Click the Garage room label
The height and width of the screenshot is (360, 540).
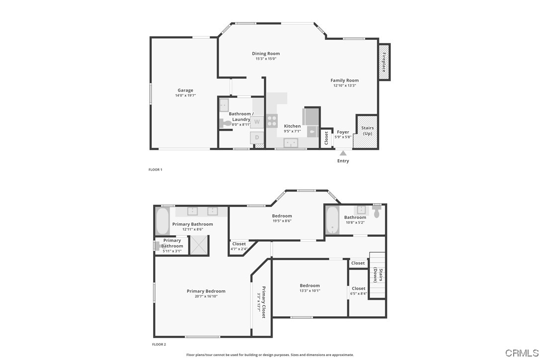[x=185, y=90]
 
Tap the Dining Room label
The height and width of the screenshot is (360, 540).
[x=266, y=54]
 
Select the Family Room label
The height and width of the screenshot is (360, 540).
[x=345, y=81]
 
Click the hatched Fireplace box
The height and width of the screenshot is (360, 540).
[x=384, y=62]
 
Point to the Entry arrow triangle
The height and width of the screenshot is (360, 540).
[x=343, y=154]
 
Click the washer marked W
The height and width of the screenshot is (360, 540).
[x=257, y=121]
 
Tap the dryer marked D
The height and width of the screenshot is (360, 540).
[x=257, y=137]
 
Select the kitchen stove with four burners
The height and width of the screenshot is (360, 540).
[x=272, y=120]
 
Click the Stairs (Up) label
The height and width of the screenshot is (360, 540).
[x=367, y=131]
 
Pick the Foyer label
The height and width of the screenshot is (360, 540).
[x=343, y=132]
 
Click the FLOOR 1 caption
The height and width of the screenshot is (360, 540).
[x=155, y=170]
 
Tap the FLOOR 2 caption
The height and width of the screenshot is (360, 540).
[x=159, y=344]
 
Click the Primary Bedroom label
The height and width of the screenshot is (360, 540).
[x=206, y=291]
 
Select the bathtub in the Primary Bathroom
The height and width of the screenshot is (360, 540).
[x=163, y=222]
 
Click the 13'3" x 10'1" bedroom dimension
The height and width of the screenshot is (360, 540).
[x=310, y=290]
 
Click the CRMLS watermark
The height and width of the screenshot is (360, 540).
[x=521, y=353]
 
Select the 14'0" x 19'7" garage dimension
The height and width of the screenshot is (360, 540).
[x=185, y=95]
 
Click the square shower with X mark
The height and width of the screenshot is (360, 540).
[x=199, y=245]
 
